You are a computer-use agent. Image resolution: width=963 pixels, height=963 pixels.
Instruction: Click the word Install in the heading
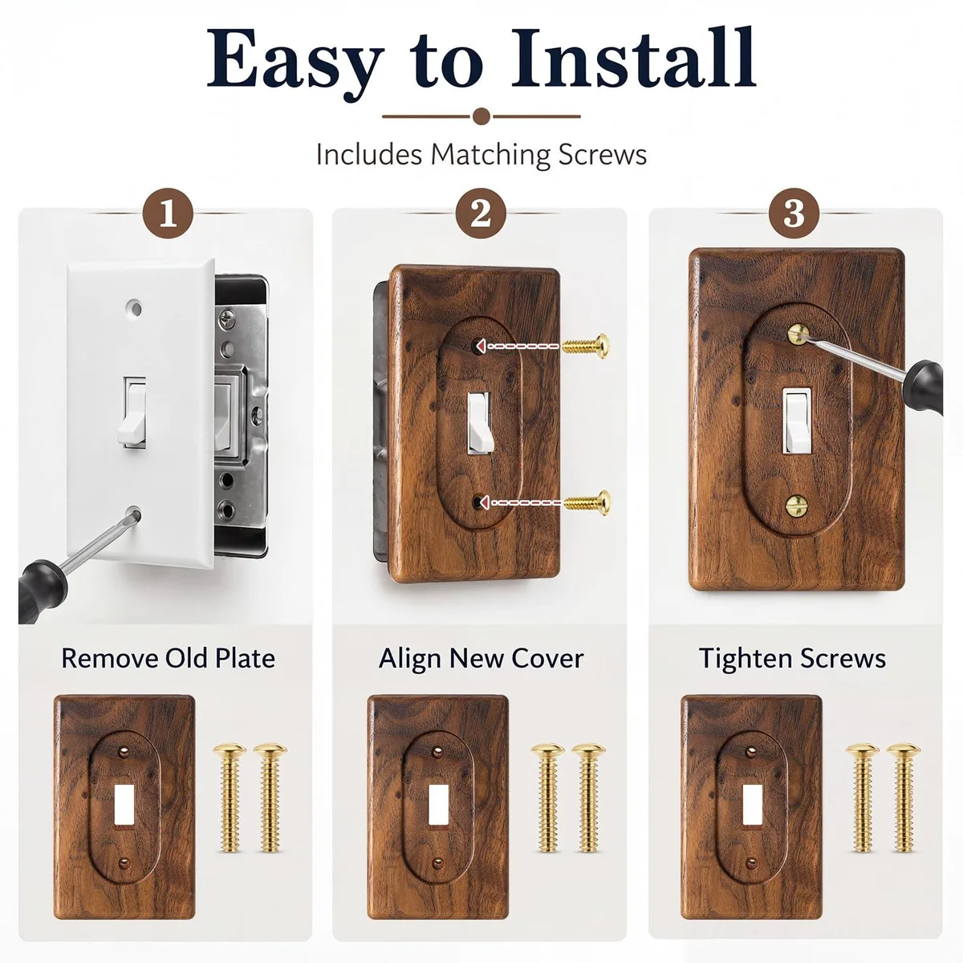[634, 58]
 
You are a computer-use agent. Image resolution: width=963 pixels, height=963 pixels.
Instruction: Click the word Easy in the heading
[295, 64]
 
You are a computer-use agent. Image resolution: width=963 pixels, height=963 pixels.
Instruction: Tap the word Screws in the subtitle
[602, 154]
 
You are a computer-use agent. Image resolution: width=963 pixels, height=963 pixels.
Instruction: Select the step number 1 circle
[168, 213]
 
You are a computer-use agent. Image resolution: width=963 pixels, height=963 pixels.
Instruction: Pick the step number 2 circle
[480, 213]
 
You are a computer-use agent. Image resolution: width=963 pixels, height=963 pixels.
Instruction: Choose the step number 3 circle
[794, 213]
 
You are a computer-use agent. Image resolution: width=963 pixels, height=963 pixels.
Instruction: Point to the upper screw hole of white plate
[134, 307]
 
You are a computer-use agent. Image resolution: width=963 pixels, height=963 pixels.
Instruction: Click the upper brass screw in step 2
[586, 346]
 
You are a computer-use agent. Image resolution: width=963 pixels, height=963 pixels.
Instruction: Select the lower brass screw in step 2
[587, 502]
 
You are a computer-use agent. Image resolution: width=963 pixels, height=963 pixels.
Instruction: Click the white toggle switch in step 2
[479, 423]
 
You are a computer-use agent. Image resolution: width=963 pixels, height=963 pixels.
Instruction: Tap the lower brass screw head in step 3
[797, 506]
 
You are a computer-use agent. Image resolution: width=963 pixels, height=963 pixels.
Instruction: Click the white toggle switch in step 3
[795, 421]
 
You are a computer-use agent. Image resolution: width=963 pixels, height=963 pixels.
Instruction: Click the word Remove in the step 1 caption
[110, 658]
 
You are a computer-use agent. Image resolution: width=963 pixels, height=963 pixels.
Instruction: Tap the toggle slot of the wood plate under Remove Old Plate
[124, 804]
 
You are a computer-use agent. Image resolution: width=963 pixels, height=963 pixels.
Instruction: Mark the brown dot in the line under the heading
[481, 116]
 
